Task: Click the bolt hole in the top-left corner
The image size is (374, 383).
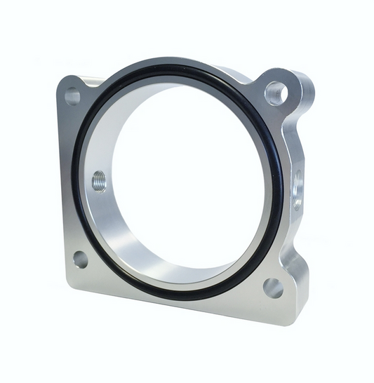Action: click(x=72, y=96)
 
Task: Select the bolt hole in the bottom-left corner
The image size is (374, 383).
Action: click(x=80, y=259)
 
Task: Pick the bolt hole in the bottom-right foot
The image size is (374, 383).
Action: click(x=272, y=288)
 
